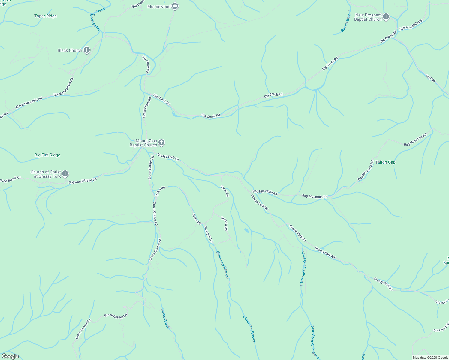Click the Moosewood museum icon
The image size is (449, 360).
coord(175,7)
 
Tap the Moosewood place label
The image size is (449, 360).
coord(159,7)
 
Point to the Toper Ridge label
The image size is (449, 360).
coord(45,16)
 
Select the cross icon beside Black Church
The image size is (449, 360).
coord(87,50)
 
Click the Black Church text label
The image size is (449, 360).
coord(70,50)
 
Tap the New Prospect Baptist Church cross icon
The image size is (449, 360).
coord(386,17)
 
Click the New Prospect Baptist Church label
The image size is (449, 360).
coord(368,17)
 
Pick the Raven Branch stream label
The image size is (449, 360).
coord(346,21)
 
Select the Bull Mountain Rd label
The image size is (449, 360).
coord(411,25)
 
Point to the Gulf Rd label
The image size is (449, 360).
coord(430,78)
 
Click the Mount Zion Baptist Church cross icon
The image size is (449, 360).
coord(161,142)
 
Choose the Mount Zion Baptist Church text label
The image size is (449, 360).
coord(143,143)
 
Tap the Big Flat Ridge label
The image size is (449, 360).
coord(47,155)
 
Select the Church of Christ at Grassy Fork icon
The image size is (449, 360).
coord(65,174)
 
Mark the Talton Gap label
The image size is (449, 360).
coord(385,162)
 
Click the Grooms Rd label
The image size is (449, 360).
coord(224,223)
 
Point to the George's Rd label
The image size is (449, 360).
coord(208,234)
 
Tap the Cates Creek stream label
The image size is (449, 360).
coord(165,318)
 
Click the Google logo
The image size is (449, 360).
coord(10,356)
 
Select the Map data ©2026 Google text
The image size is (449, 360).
coord(430,358)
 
